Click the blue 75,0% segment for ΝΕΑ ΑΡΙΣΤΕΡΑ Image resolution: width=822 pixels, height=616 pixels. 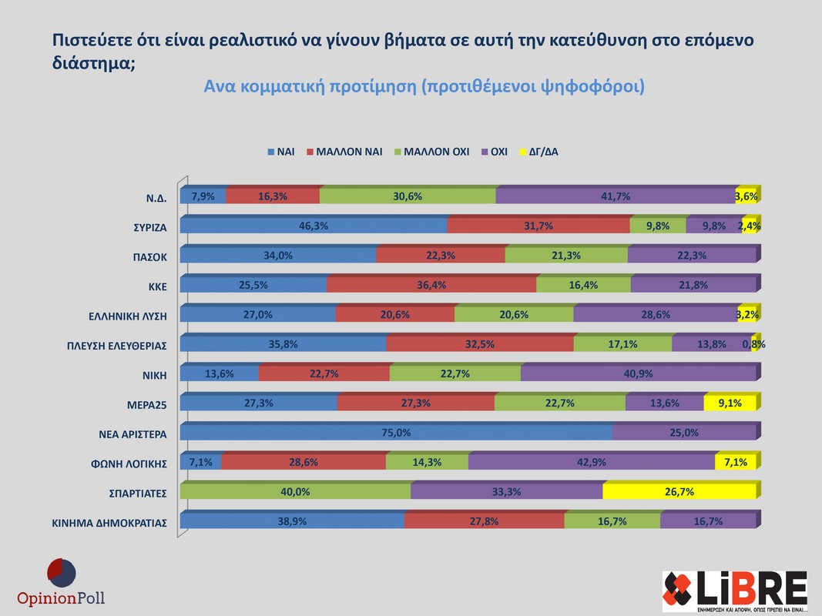coord(396,434)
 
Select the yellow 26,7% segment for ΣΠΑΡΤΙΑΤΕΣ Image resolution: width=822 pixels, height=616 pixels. coord(679,492)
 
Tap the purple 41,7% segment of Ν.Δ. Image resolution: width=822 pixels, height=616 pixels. coord(616,196)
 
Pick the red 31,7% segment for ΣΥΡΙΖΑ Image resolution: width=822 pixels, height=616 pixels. coord(538,226)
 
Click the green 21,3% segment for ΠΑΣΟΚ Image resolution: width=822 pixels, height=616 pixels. coord(566,256)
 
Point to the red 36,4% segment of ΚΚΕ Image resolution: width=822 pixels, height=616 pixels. coord(431,285)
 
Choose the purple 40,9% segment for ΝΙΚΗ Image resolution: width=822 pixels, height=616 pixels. coord(638,374)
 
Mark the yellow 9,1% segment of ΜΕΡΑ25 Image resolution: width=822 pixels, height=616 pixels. coord(730,403)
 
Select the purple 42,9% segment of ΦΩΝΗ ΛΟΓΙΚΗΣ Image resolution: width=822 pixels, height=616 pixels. coord(592,463)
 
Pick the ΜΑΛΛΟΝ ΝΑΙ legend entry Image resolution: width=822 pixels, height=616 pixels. coord(344,152)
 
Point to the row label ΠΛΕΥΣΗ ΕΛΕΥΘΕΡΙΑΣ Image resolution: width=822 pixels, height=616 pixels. coord(116,346)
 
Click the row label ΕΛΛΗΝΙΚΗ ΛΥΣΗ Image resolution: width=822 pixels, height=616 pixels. coord(128,316)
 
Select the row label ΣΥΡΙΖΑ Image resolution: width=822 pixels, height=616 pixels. coord(149,227)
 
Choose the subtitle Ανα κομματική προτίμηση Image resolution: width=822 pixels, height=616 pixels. coord(424,87)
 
